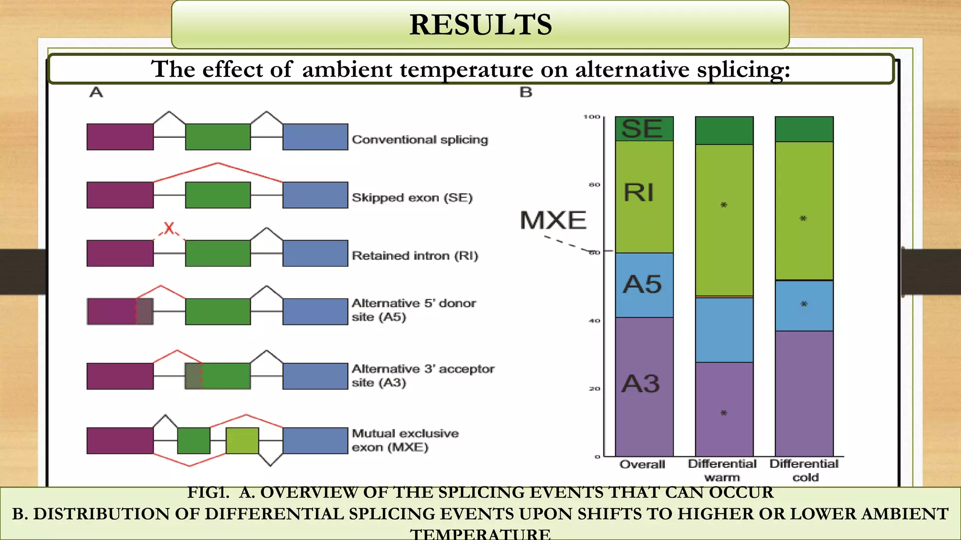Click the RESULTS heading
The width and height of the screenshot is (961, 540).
point(480,24)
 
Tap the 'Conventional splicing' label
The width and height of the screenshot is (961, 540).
point(420,140)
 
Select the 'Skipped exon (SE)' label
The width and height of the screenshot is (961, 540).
point(412,197)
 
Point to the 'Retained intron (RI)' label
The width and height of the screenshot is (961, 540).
point(415,255)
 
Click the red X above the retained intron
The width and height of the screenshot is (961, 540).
point(169,229)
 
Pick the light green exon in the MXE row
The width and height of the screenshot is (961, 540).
point(242,441)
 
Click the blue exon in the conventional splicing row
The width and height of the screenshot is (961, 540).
point(315,137)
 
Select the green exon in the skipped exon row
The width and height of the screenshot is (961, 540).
point(218,195)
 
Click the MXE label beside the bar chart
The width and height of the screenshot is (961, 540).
point(553,220)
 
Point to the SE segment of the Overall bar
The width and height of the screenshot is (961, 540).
point(644,128)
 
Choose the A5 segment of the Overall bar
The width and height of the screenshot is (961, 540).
point(644,285)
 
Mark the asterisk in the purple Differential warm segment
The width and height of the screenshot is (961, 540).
point(724,413)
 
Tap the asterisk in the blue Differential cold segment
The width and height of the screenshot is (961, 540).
point(804,304)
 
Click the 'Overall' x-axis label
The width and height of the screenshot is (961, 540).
point(642,465)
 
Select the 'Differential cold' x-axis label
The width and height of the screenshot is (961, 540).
point(804,470)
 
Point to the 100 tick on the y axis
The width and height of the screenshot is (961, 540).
point(592,117)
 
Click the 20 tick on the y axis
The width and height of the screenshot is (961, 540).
point(595,389)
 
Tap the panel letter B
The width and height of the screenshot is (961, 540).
point(526,92)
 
